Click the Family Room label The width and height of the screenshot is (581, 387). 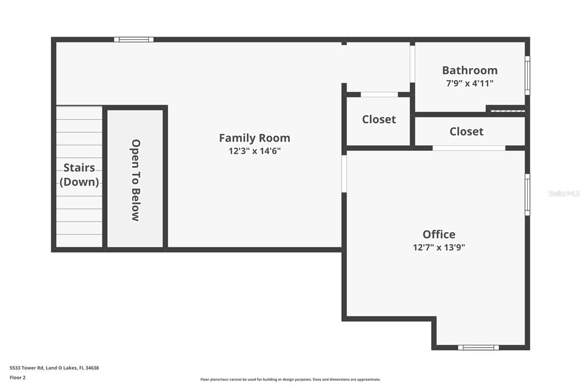[x=254, y=138]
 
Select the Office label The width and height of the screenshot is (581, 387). [x=439, y=234]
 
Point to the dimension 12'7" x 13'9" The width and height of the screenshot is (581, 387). [x=439, y=247]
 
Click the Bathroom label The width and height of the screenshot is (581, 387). [x=470, y=70]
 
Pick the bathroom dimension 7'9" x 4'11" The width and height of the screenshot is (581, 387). [x=470, y=83]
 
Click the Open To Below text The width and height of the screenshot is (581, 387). [x=136, y=180]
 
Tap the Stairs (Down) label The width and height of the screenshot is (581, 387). [x=79, y=175]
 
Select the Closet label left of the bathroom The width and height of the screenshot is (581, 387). [x=379, y=120]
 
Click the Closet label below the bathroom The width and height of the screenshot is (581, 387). [x=466, y=132]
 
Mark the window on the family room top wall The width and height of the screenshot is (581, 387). [x=134, y=40]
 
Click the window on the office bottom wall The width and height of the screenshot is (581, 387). [x=478, y=347]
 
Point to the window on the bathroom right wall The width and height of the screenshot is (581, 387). [x=527, y=75]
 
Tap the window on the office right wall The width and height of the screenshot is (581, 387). [x=527, y=195]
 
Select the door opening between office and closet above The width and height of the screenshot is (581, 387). [x=469, y=148]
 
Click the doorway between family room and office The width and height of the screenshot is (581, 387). [x=344, y=174]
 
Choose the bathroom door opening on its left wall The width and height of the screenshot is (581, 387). [x=412, y=64]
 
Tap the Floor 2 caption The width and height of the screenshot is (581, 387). [x=18, y=377]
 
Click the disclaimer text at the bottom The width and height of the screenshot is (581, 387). [x=290, y=380]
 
